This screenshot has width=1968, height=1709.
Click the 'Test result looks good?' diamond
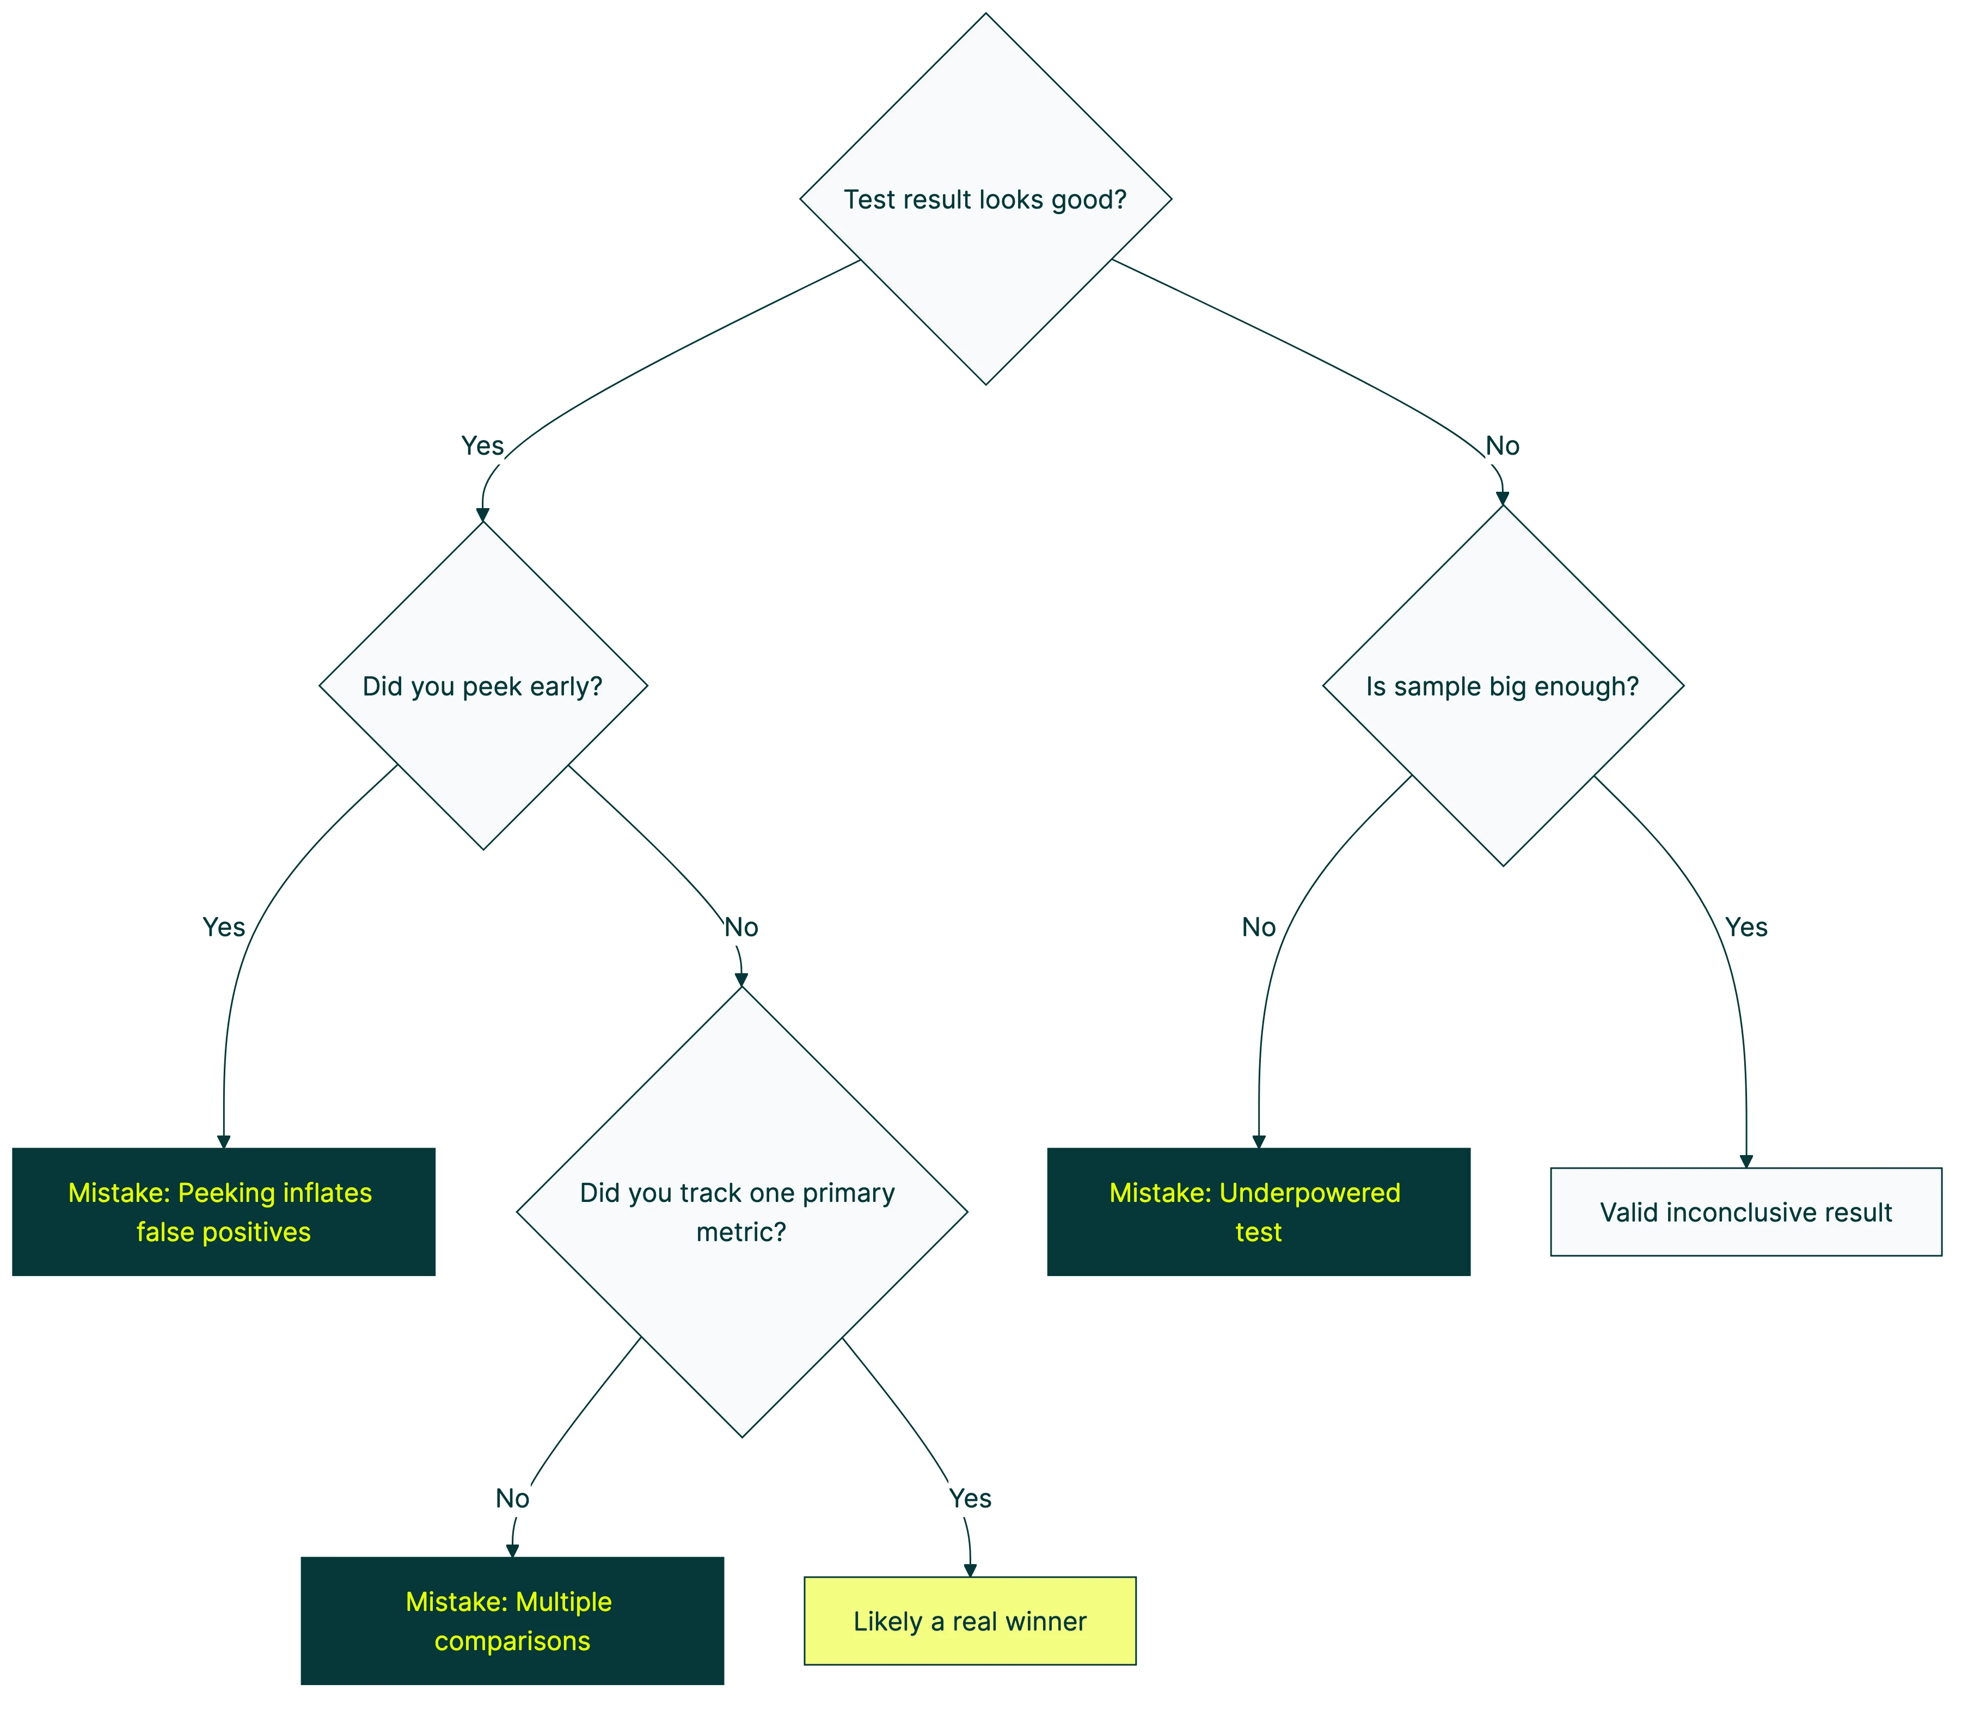(985, 199)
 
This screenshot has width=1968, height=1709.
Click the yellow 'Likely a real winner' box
(970, 1621)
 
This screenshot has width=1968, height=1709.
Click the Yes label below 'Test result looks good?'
(482, 445)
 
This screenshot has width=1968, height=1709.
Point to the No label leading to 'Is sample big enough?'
(1503, 445)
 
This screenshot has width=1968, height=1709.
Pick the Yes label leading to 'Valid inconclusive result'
(1746, 927)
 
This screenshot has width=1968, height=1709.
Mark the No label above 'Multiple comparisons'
(512, 1498)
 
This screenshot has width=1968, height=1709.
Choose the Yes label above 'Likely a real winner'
(970, 1498)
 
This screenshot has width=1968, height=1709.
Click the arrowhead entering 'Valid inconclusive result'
(1746, 1161)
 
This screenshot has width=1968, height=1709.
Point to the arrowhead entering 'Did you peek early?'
(482, 515)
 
